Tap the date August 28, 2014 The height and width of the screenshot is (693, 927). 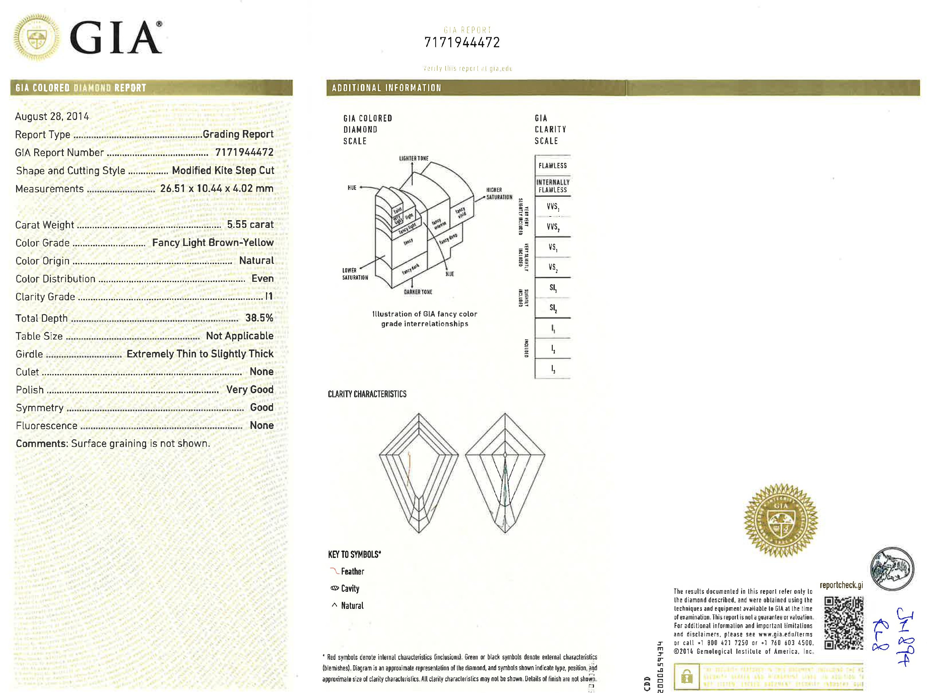(52, 116)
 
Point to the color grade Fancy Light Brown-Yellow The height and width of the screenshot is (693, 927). (212, 242)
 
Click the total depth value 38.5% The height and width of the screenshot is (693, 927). (259, 318)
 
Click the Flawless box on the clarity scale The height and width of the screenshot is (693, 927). (552, 166)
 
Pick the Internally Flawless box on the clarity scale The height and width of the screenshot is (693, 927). (552, 186)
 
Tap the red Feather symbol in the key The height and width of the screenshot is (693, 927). (334, 571)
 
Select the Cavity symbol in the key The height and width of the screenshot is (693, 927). (334, 588)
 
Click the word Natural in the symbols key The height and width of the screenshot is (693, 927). (352, 606)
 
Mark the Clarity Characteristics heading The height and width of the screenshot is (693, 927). (367, 394)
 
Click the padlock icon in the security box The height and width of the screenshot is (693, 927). (686, 676)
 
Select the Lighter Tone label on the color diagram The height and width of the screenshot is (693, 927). (414, 159)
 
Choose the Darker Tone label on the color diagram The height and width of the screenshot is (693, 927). (418, 292)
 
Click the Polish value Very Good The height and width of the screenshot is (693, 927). (250, 389)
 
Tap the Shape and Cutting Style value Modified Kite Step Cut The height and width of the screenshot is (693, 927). (223, 170)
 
